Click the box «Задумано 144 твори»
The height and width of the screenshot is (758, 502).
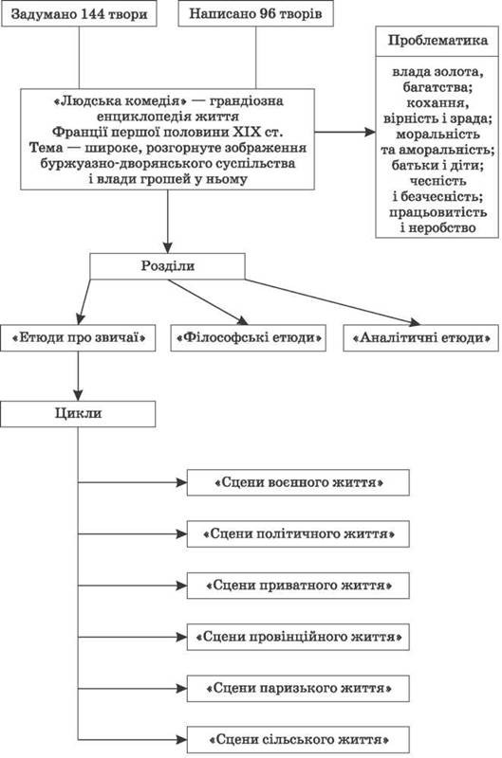point(79,14)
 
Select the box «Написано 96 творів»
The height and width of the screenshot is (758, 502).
point(255,13)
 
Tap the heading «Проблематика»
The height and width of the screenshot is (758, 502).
point(437,41)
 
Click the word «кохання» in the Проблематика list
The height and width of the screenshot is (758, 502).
point(437,103)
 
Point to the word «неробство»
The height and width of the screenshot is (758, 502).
point(438,227)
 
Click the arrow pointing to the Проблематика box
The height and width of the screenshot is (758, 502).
point(345,132)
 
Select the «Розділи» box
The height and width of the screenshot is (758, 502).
point(168,266)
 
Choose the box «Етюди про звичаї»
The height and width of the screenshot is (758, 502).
point(78,338)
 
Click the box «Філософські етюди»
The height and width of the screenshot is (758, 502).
point(249,338)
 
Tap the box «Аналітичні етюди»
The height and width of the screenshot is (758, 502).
point(420,338)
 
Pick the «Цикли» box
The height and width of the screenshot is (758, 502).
point(78,414)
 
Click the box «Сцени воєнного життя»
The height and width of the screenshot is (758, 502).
point(298,482)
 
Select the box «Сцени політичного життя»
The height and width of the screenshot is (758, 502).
point(298,534)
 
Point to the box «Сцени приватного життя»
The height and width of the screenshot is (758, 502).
point(298,586)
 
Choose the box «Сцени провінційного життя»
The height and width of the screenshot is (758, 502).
point(298,637)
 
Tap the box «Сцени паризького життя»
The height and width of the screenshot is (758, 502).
point(298,689)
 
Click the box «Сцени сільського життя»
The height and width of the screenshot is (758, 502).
point(298,740)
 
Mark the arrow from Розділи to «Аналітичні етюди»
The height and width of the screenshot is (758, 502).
point(332,301)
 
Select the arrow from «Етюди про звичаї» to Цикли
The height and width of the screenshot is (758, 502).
point(78,376)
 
